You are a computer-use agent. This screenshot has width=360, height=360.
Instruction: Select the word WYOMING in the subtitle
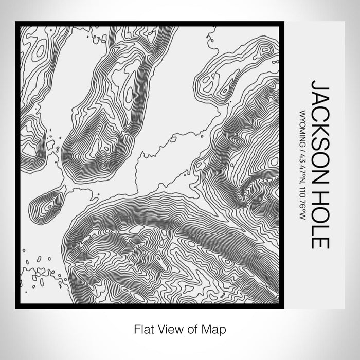click(302, 126)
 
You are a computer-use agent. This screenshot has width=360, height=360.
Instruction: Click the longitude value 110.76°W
click(302, 204)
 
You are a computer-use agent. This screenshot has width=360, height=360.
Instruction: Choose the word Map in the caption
click(215, 328)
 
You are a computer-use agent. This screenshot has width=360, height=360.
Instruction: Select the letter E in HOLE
click(320, 243)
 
